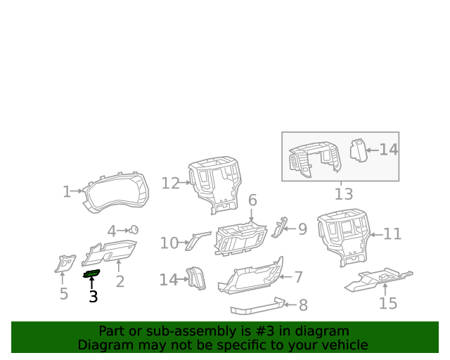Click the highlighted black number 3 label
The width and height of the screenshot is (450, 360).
click(94, 297)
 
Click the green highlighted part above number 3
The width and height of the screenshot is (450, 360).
click(92, 274)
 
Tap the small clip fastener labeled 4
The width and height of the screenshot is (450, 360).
click(134, 229)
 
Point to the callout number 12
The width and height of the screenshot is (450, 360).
click(170, 184)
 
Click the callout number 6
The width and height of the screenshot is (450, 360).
click(252, 200)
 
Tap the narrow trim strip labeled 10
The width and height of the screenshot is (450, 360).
click(198, 240)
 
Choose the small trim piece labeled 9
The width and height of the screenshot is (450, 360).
click(281, 226)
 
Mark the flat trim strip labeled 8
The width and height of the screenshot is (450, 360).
click(257, 306)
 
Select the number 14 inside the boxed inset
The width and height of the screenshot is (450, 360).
click(389, 149)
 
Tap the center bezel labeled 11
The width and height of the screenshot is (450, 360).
click(345, 236)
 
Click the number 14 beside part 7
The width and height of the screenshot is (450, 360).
click(168, 280)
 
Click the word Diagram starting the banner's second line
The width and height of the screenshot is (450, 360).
click(104, 345)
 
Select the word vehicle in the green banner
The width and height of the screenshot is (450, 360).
click(342, 345)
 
